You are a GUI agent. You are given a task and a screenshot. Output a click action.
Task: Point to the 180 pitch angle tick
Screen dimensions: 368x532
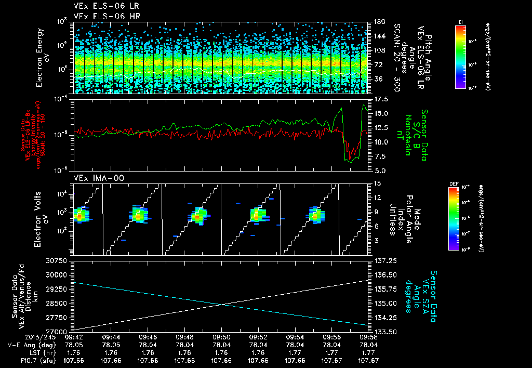tap(378, 22)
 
